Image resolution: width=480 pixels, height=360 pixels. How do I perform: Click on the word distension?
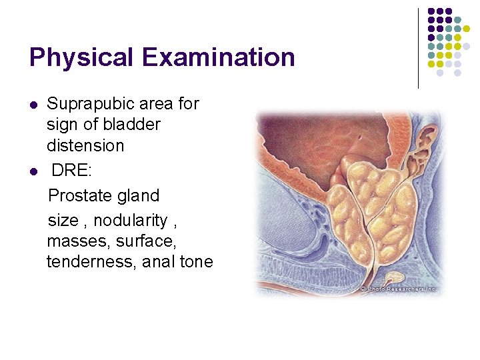[85, 145]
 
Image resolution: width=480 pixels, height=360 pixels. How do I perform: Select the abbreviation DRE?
[73, 171]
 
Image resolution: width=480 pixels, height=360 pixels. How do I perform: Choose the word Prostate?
[78, 195]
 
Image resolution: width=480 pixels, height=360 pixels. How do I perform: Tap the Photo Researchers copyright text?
[398, 289]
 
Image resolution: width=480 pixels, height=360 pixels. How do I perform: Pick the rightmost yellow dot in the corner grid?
[475, 29]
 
